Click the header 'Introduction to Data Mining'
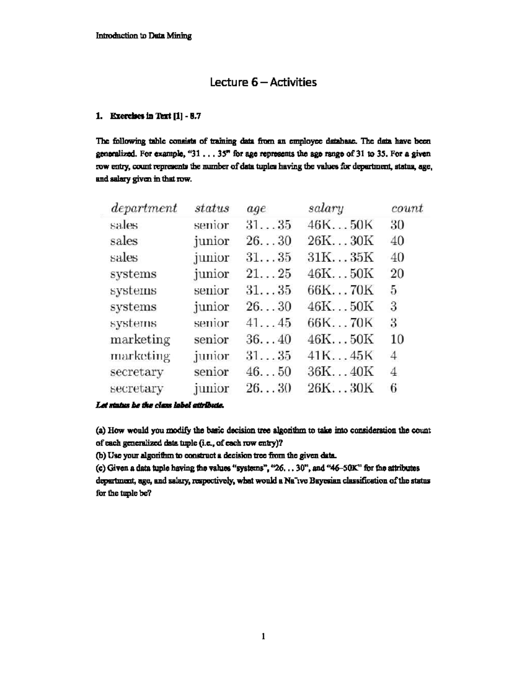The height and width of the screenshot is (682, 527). click(144, 36)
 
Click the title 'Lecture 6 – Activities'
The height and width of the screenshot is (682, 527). click(263, 82)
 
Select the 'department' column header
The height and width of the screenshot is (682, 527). click(144, 208)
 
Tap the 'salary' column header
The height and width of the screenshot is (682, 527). click(326, 208)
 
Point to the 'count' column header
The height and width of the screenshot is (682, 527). click(407, 208)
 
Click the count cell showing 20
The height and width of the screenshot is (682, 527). click(397, 274)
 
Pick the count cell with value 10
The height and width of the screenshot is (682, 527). click(397, 339)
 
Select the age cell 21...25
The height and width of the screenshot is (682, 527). click(268, 274)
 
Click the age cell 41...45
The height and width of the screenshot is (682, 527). click(268, 323)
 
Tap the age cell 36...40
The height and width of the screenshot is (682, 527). click(268, 339)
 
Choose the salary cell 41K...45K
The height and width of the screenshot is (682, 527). click(340, 355)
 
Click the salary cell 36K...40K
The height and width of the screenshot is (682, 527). click(340, 372)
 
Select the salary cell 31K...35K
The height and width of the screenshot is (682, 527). click(340, 257)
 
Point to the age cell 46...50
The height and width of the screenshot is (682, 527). click(268, 372)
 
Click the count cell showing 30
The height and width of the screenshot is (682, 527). click(397, 225)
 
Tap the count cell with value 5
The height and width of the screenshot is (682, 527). click(393, 290)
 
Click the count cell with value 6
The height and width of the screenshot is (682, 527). click(393, 388)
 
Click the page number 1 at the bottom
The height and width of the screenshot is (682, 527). click(263, 636)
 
